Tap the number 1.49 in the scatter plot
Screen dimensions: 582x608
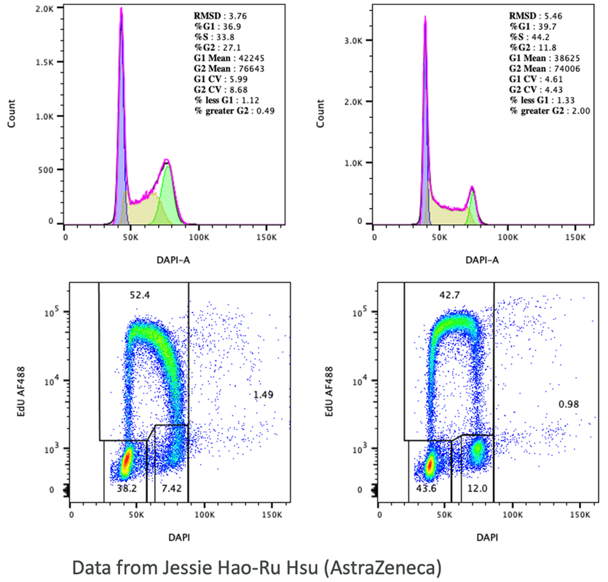[x=264, y=394]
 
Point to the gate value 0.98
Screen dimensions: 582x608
[x=569, y=404]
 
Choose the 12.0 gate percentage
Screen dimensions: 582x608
[x=474, y=489]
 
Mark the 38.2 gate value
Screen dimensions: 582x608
[x=128, y=489]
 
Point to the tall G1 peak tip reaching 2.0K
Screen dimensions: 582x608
[x=121, y=9]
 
